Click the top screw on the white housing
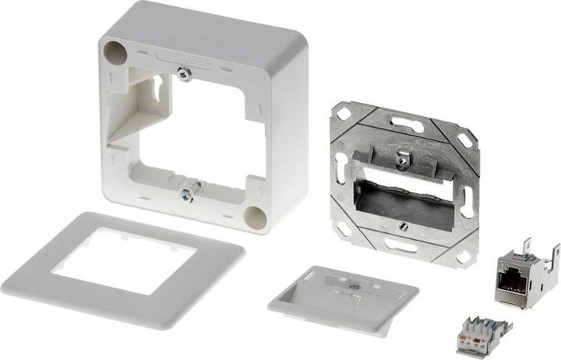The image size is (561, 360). point(185,74)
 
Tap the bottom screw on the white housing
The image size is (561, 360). point(185,196)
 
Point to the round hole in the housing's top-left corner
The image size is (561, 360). point(115,53)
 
